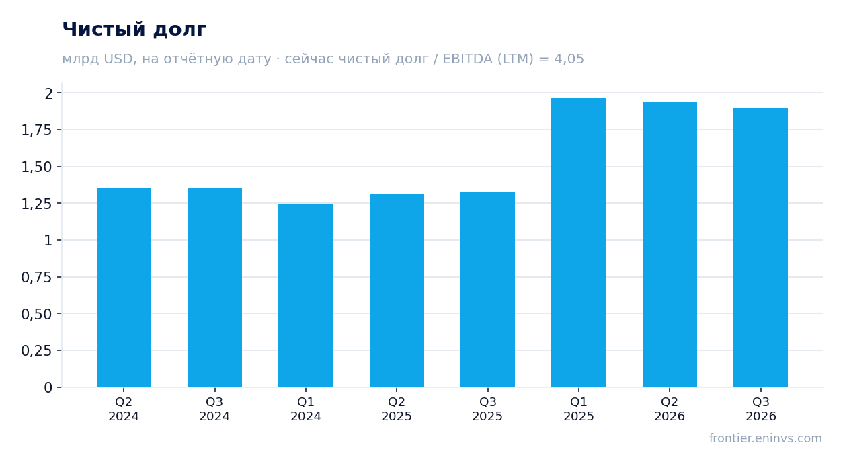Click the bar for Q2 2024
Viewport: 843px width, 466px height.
pyautogui.click(x=124, y=288)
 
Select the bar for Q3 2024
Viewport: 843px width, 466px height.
pyautogui.click(x=215, y=287)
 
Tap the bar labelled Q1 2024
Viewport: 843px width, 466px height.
pyautogui.click(x=306, y=295)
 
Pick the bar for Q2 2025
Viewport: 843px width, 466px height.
pyautogui.click(x=397, y=290)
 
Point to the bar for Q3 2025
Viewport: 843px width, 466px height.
pyautogui.click(x=488, y=289)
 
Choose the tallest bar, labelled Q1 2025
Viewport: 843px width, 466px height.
pyautogui.click(x=579, y=242)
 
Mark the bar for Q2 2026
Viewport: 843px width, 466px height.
pyautogui.click(x=670, y=244)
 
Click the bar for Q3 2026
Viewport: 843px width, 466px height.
pyautogui.click(x=760, y=247)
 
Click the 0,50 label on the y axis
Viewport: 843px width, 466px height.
pyautogui.click(x=36, y=314)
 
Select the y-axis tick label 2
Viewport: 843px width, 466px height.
pyautogui.click(x=48, y=93)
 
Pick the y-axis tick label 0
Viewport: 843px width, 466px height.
pyautogui.click(x=48, y=388)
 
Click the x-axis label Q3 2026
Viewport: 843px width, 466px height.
pyautogui.click(x=760, y=409)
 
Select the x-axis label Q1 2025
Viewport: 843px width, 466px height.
pyautogui.click(x=579, y=409)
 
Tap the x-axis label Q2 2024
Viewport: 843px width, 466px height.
pyautogui.click(x=124, y=409)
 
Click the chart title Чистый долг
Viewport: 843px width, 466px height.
pyautogui.click(x=134, y=30)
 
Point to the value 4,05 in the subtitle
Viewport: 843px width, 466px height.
pyautogui.click(x=569, y=59)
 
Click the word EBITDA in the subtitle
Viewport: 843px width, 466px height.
pyautogui.click(x=467, y=59)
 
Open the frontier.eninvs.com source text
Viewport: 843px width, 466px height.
pyautogui.click(x=766, y=438)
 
